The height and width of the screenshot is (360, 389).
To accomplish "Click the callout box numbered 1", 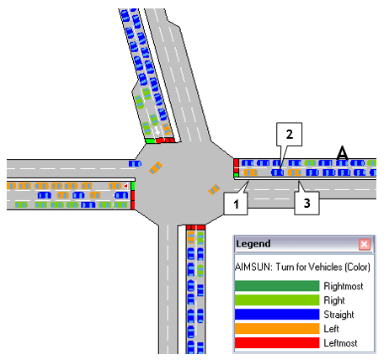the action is click(x=236, y=204).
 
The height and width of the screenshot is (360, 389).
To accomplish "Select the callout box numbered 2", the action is click(x=289, y=135).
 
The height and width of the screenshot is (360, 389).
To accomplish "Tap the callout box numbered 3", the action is click(x=306, y=204).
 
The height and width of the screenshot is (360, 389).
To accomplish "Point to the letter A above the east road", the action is click(x=343, y=153).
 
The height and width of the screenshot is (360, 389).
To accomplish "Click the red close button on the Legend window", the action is click(x=365, y=245).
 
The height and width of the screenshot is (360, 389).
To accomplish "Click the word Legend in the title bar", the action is click(x=253, y=244).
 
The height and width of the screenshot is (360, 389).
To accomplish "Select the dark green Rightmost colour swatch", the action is click(x=277, y=286).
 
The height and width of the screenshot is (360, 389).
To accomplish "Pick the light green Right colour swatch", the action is click(x=277, y=300).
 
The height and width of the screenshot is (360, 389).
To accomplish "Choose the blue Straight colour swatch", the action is click(x=277, y=315).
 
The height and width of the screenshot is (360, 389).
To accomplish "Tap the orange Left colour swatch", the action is click(x=277, y=329).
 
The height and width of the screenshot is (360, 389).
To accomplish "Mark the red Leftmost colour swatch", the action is click(x=277, y=343).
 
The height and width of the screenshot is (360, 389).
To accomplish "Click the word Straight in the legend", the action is click(x=338, y=315).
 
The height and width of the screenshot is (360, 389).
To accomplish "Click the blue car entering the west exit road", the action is click(x=135, y=163).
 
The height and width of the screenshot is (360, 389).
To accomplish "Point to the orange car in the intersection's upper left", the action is click(x=156, y=167).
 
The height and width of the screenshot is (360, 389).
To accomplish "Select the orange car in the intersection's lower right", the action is click(x=214, y=189).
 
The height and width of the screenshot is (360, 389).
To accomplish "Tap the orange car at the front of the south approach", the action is click(x=191, y=237).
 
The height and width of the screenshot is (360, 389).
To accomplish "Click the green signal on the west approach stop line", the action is click(x=133, y=186).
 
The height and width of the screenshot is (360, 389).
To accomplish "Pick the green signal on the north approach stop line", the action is click(x=150, y=140).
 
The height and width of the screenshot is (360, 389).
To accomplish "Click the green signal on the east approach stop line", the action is click(x=237, y=175).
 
